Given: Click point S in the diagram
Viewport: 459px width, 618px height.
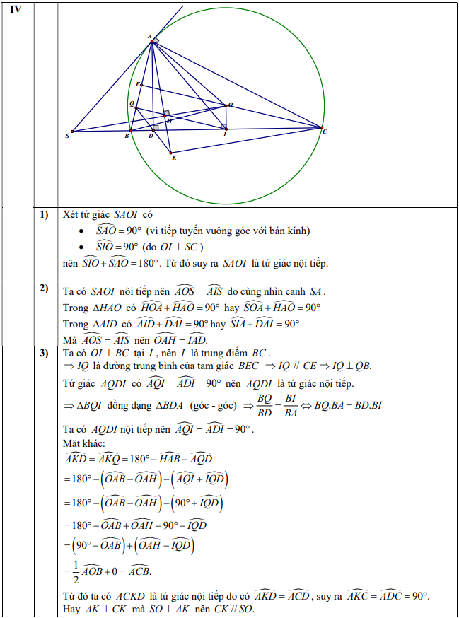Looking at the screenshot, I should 72,131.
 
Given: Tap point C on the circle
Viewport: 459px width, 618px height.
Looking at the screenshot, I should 322,128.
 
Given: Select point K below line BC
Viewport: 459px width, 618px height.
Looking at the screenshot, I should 170,152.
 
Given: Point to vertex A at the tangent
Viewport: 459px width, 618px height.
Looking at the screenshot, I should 152,41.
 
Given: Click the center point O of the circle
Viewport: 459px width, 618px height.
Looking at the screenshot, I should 226,105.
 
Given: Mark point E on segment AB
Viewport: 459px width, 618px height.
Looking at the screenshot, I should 141,86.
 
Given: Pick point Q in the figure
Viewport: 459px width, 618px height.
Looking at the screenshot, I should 135,107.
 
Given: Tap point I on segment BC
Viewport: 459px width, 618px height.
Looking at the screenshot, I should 225,128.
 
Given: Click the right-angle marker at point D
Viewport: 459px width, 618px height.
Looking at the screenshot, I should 155,127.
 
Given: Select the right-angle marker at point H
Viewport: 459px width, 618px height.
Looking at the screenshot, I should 166,113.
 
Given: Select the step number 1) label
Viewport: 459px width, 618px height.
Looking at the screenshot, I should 44,214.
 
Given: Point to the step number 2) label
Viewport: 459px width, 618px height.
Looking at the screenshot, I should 44,288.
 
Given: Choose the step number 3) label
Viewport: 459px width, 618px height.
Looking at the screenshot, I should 44,353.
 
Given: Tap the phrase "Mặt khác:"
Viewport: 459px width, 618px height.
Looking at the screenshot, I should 83,443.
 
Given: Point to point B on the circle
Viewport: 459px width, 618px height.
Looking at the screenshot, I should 129,130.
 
